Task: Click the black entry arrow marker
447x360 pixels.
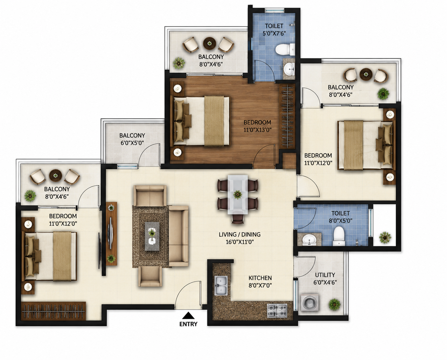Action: click(x=188, y=316)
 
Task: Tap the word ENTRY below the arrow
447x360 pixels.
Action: click(x=188, y=324)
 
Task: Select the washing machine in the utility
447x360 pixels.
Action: click(x=310, y=302)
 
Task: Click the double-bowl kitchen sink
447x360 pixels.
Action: click(x=221, y=285)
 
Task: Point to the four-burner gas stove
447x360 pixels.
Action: click(x=277, y=310)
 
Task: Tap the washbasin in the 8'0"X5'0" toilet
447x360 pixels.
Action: click(x=309, y=240)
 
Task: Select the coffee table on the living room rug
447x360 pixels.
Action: click(x=152, y=236)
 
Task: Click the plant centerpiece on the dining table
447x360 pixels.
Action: click(x=237, y=194)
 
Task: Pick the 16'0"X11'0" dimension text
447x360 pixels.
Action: click(x=240, y=242)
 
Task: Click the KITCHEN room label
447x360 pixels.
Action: click(x=260, y=278)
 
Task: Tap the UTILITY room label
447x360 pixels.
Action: click(x=325, y=275)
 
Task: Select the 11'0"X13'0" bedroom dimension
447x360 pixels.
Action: click(x=257, y=130)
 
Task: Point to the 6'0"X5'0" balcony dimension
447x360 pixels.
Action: click(x=132, y=143)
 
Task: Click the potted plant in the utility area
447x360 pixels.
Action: click(x=334, y=305)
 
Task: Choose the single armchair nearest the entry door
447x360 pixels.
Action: click(x=150, y=276)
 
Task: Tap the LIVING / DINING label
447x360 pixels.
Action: click(x=239, y=234)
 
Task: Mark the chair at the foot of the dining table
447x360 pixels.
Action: click(x=237, y=219)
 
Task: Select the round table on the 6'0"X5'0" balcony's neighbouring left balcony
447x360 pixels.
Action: click(x=55, y=176)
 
